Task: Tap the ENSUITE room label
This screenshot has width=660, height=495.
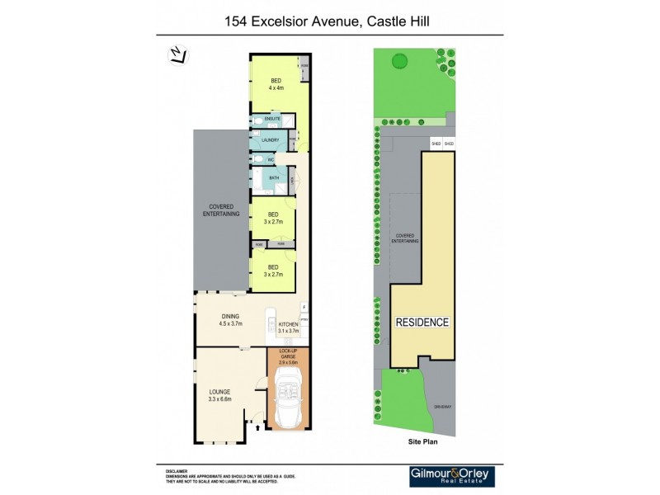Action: tap(272, 120)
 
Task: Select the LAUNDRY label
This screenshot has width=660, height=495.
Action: tap(271, 140)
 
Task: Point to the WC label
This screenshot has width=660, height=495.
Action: tap(270, 159)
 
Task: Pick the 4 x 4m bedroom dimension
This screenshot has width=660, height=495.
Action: tap(276, 87)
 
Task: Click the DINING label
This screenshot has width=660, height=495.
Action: tap(230, 316)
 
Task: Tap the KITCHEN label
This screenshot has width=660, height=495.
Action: tap(287, 324)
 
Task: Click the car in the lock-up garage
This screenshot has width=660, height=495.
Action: tap(288, 399)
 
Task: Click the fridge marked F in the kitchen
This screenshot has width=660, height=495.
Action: tap(303, 307)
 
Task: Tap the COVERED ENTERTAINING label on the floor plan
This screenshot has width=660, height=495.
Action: tap(221, 210)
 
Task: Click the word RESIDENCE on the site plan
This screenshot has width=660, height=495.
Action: tap(422, 322)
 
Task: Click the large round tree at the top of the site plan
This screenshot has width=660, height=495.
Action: tap(400, 60)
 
